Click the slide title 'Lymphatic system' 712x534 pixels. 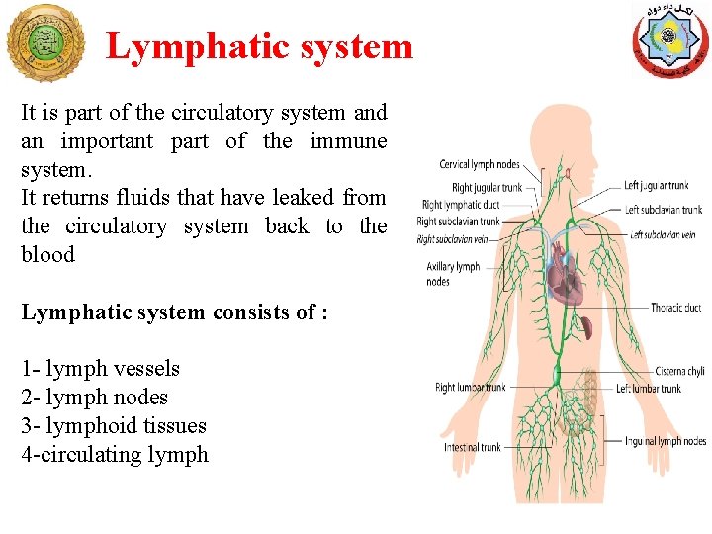[259, 46]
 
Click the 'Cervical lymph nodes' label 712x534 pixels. [480, 164]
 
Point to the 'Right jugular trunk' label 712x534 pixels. [487, 188]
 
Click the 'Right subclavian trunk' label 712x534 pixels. [459, 222]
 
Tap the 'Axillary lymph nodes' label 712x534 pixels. [453, 274]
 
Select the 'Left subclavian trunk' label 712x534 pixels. [664, 210]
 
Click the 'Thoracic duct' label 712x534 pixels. [675, 308]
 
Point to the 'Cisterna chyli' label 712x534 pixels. [679, 371]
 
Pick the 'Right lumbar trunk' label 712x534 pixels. [470, 388]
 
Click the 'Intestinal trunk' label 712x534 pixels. [473, 447]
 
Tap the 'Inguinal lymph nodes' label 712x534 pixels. [666, 441]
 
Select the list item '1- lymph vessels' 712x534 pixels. [100, 369]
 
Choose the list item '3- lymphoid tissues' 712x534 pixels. [114, 426]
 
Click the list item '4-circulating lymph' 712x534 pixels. [115, 455]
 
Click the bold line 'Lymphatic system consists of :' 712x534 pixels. [174, 312]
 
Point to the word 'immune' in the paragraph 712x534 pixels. [347, 141]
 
